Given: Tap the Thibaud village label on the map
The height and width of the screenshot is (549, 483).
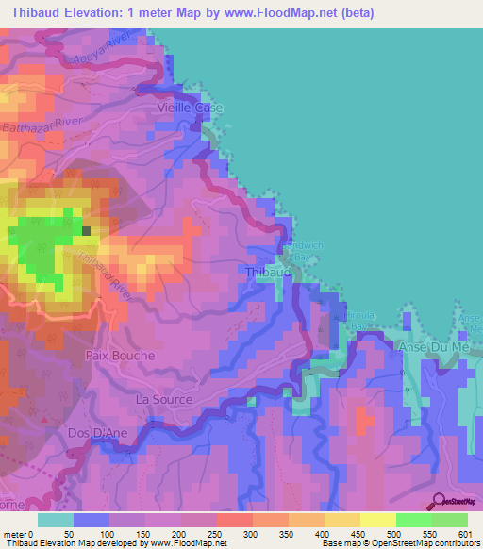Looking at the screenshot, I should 264,272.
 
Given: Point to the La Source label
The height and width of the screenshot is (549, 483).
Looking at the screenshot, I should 164,399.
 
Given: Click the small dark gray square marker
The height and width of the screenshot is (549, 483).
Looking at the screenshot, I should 87,229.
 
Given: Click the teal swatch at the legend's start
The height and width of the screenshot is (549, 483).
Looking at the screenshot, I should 56,520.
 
